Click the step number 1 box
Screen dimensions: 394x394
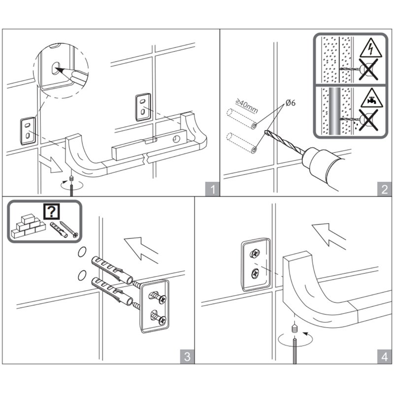click(x=212, y=190)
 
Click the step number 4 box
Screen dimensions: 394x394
click(x=383, y=356)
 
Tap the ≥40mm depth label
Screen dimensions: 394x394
click(x=246, y=106)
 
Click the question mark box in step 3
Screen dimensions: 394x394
click(x=51, y=212)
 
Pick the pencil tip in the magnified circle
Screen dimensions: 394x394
click(x=60, y=70)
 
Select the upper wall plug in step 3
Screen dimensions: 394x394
click(x=111, y=269)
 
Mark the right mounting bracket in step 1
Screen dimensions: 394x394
click(x=142, y=106)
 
